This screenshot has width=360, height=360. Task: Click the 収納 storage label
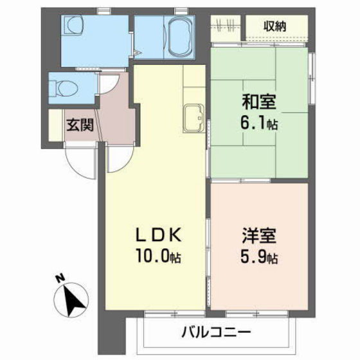[274, 26]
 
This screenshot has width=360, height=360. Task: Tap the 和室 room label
[259, 102]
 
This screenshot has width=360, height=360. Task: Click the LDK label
[159, 235]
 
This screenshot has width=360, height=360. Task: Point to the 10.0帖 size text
[158, 256]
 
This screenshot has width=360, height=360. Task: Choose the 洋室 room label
[259, 235]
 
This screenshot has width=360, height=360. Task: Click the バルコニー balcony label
[216, 332]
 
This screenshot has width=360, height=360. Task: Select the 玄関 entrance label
[80, 125]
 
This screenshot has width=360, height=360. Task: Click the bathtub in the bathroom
[180, 37]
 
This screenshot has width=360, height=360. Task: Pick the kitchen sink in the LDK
[194, 118]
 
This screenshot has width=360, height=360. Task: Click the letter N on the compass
[60, 278]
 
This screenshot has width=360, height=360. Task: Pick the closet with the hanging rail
[226, 28]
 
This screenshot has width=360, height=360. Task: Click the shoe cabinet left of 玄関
[55, 125]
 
